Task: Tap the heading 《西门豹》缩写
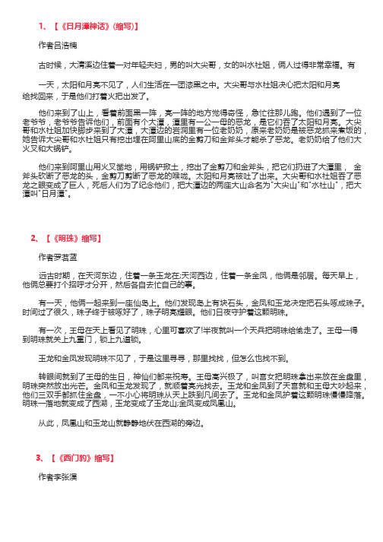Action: click(86, 458)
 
